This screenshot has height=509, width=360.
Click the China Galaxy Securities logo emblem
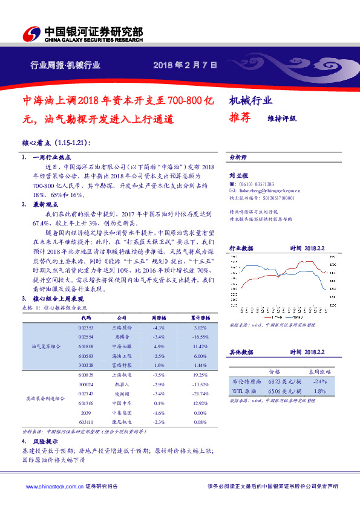click(30, 33)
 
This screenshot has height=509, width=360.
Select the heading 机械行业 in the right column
click(251, 101)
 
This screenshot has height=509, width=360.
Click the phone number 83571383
click(262, 184)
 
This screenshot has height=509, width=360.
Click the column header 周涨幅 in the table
click(159, 317)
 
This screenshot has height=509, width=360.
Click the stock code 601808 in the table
click(86, 346)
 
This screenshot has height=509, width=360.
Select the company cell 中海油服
click(120, 346)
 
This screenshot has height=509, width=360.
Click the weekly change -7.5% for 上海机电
click(159, 375)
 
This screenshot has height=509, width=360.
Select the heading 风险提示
click(43, 441)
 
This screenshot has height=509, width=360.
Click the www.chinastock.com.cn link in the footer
click(51, 485)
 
